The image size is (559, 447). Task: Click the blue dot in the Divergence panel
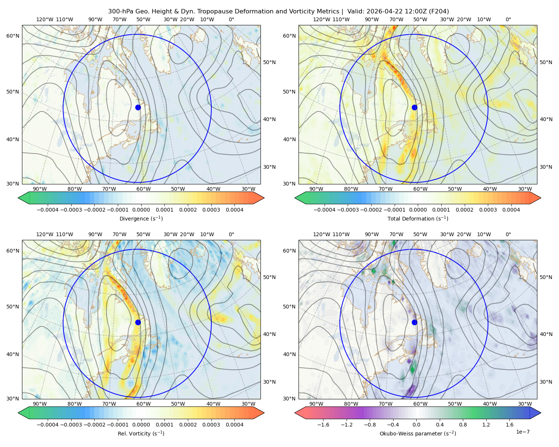pyautogui.click(x=138, y=107)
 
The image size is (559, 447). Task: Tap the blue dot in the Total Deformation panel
pyautogui.click(x=414, y=107)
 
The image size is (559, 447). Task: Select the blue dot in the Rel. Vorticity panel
pyautogui.click(x=138, y=322)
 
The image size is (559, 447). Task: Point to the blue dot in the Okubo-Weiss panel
pyautogui.click(x=414, y=322)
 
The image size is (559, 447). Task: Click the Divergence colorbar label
pyautogui.click(x=141, y=218)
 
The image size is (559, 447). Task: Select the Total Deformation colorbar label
pyautogui.click(x=418, y=218)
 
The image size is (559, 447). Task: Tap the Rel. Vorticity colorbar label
pyautogui.click(x=141, y=433)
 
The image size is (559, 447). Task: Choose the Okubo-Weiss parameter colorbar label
pyautogui.click(x=418, y=433)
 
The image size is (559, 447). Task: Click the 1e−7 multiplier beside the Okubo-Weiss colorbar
pyautogui.click(x=522, y=432)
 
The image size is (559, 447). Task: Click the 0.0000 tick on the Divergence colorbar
pyautogui.click(x=141, y=210)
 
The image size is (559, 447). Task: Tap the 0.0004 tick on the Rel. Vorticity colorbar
pyautogui.click(x=234, y=424)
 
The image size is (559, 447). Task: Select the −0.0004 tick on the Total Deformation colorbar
pyautogui.click(x=325, y=210)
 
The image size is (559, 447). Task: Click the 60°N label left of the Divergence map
pyautogui.click(x=13, y=36)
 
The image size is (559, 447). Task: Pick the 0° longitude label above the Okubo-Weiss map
pyautogui.click(x=508, y=234)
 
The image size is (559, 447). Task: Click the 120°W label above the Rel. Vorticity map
pyautogui.click(x=45, y=234)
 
